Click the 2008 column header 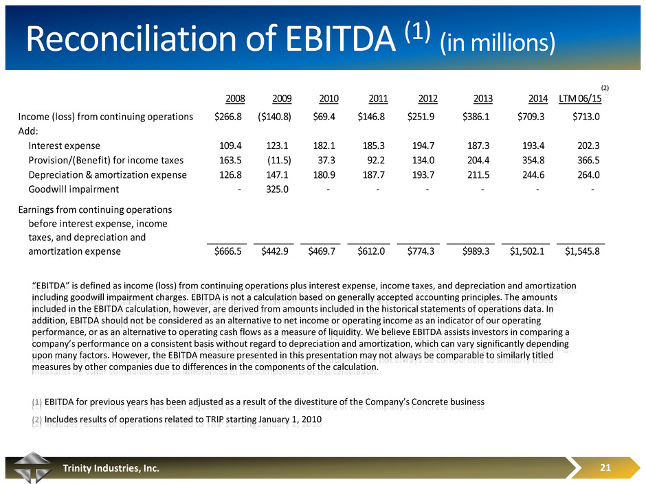[236, 98]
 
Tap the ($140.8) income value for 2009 [273, 116]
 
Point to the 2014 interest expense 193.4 [532, 146]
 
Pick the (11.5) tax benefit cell [278, 160]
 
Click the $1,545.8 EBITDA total [582, 252]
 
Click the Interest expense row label [64, 146]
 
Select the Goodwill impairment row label [74, 189]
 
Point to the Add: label [28, 131]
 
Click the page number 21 [605, 468]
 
